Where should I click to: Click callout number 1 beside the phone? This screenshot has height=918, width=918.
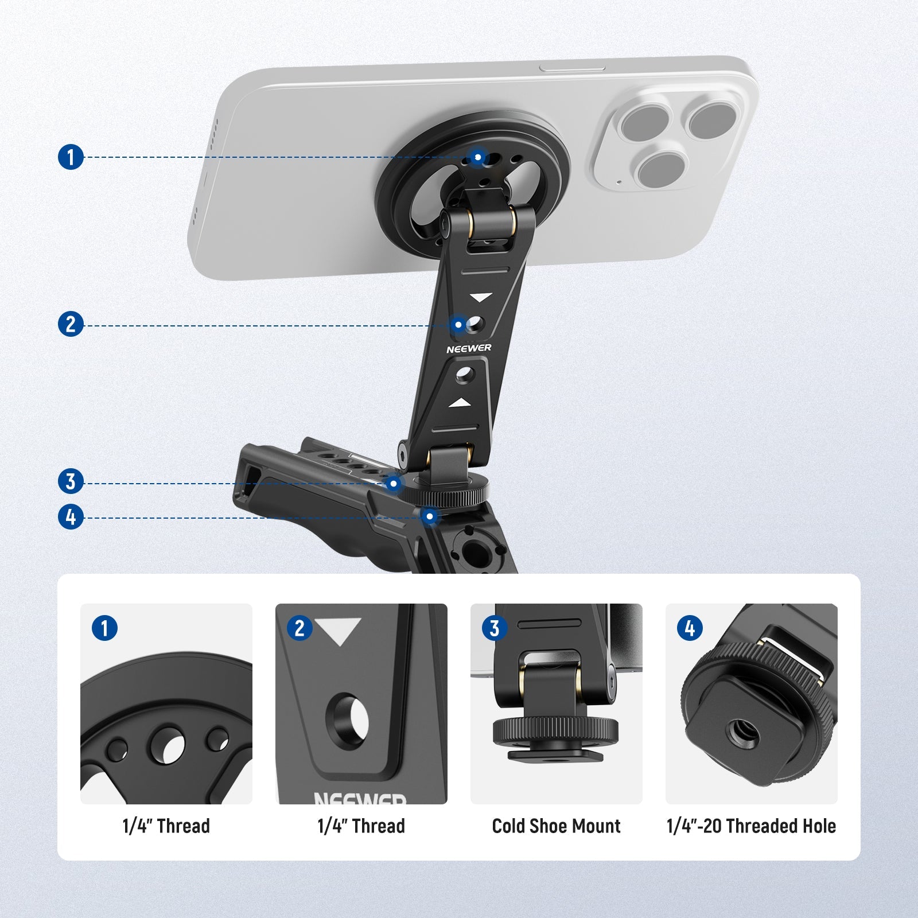pos(71,157)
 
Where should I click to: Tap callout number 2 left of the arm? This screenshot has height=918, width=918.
pos(71,325)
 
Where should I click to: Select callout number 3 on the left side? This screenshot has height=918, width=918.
pos(71,481)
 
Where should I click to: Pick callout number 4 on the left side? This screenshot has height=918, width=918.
pos(71,517)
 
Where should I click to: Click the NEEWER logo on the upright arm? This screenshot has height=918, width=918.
pos(469,348)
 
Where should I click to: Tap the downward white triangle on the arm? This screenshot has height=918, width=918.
pos(481,297)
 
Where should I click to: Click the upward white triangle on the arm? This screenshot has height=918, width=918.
pos(460,404)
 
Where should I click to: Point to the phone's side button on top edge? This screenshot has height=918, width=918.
pos(572,68)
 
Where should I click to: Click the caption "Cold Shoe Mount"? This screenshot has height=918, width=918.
pos(556,826)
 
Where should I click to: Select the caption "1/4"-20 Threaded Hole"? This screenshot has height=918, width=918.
pos(751,826)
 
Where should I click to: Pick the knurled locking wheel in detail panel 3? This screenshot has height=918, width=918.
pos(556,730)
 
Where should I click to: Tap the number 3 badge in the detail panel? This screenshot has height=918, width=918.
pos(495,628)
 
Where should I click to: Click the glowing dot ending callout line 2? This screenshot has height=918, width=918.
pos(458,325)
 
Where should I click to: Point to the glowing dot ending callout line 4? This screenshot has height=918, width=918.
pos(430,516)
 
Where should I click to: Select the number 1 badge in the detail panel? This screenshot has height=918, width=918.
pos(104,628)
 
